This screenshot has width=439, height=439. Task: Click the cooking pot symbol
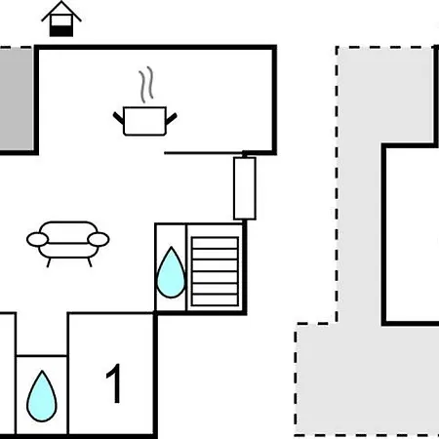tap(145, 121)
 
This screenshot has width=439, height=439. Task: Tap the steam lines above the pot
tap(146, 85)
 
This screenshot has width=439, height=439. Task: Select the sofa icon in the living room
tap(68, 244)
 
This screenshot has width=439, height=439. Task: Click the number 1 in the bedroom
tap(114, 383)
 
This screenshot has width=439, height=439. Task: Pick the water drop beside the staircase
tap(171, 273)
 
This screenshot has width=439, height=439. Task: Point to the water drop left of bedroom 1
tap(42, 396)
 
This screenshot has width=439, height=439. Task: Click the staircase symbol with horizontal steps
tap(215, 271)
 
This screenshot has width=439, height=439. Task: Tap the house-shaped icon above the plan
tap(61, 19)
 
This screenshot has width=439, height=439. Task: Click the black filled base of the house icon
tap(61, 31)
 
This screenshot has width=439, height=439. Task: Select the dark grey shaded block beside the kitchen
tap(17, 99)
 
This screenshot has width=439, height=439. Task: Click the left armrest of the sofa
tap(37, 240)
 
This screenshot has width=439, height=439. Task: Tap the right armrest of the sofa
tap(99, 240)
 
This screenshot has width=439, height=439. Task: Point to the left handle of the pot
tap(118, 118)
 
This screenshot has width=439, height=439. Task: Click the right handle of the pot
tap(172, 118)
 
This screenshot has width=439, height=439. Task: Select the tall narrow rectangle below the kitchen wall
tap(245, 188)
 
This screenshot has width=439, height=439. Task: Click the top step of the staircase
tap(215, 243)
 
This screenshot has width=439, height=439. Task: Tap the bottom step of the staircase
tap(215, 299)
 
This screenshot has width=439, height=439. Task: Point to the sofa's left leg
tap(49, 262)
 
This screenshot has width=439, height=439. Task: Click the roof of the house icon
tap(61, 11)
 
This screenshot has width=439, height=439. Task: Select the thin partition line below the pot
tap(204, 153)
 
